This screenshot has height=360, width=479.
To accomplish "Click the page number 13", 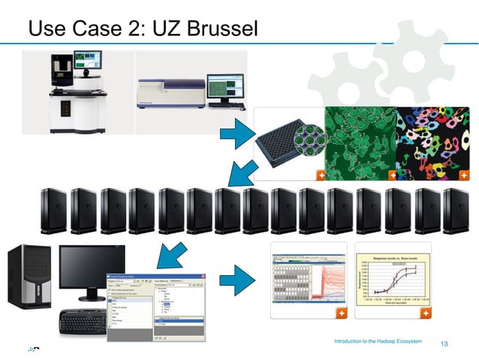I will (444, 344).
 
